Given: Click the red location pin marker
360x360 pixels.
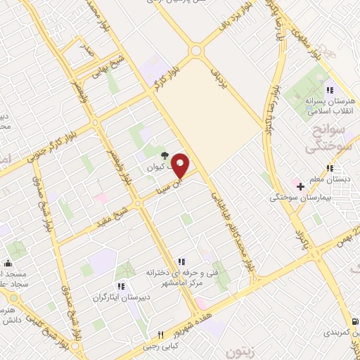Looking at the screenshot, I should pos(181,165).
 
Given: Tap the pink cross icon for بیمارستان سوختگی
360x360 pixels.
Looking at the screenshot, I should pos(300,186).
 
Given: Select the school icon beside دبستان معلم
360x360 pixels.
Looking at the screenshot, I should pos(330,168).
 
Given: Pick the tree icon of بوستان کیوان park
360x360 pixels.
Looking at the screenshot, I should pos(163,155).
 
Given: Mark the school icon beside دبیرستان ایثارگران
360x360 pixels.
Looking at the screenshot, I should pos(123,286).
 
